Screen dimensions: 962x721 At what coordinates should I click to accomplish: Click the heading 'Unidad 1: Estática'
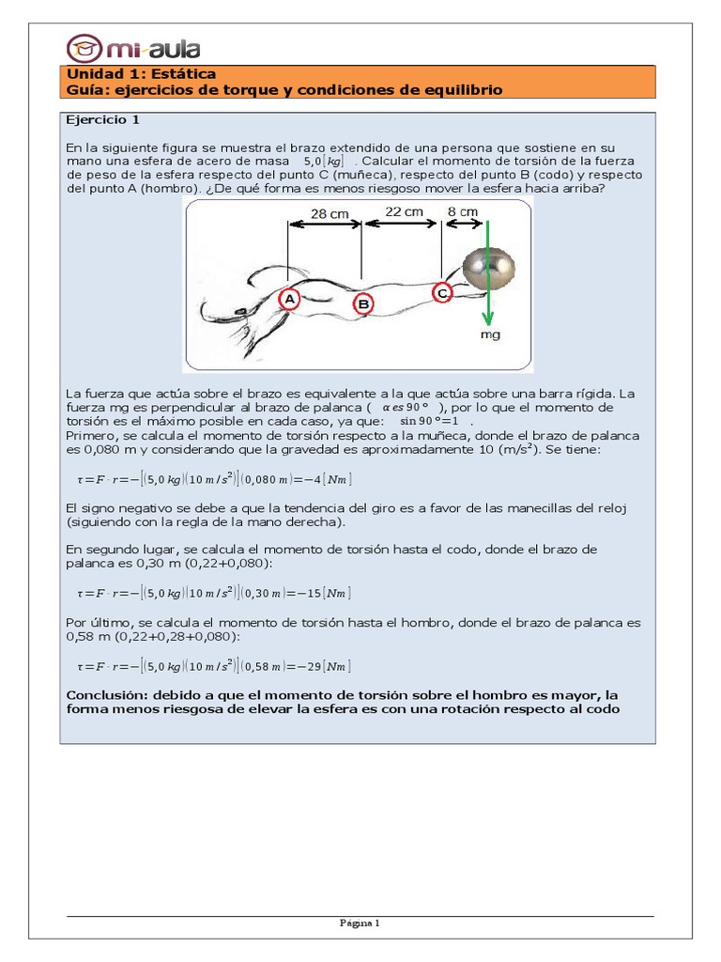point(141,73)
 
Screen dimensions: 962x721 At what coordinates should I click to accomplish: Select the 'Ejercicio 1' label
point(102,120)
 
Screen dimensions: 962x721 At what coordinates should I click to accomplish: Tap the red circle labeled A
point(289,299)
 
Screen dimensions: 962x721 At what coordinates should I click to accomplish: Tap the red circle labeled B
point(362,303)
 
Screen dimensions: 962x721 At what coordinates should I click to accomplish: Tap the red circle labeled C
point(442,293)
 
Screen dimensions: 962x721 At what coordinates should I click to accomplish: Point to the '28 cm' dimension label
point(330,213)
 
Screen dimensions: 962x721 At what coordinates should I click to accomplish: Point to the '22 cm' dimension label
point(403,212)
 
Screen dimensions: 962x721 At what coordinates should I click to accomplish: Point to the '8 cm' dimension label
point(461,212)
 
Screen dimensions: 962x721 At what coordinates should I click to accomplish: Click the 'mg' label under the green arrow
point(490,334)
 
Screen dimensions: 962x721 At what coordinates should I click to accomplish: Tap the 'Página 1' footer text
point(360,923)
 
